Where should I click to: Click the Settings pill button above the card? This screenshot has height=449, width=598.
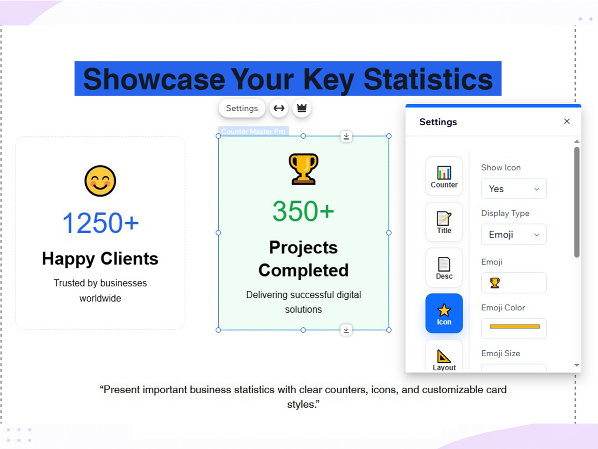pyautogui.click(x=242, y=108)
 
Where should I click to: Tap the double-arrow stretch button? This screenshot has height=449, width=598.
pyautogui.click(x=279, y=108)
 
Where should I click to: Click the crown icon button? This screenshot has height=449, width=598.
pyautogui.click(x=301, y=108)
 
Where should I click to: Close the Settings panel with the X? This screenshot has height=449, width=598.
pyautogui.click(x=567, y=121)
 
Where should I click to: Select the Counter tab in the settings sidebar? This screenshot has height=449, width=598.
pyautogui.click(x=444, y=176)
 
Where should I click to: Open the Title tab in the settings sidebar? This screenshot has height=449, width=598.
pyautogui.click(x=444, y=222)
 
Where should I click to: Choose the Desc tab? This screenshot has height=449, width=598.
pyautogui.click(x=444, y=268)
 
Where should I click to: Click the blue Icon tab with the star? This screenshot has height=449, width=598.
pyautogui.click(x=444, y=313)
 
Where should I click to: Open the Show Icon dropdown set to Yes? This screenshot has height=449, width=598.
pyautogui.click(x=514, y=189)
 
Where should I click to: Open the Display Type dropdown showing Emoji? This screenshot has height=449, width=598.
pyautogui.click(x=514, y=234)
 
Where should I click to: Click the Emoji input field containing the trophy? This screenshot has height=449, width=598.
pyautogui.click(x=514, y=283)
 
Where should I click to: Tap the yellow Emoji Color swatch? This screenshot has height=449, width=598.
pyautogui.click(x=514, y=327)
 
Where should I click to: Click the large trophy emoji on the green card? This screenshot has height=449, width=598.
pyautogui.click(x=303, y=169)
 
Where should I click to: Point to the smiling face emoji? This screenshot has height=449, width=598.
pyautogui.click(x=100, y=181)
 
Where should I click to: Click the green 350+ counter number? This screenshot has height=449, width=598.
pyautogui.click(x=303, y=211)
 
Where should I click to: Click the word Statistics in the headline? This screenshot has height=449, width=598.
pyautogui.click(x=428, y=79)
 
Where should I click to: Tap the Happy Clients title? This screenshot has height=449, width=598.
pyautogui.click(x=100, y=259)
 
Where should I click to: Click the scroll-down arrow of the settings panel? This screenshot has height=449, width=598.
pyautogui.click(x=577, y=365)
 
